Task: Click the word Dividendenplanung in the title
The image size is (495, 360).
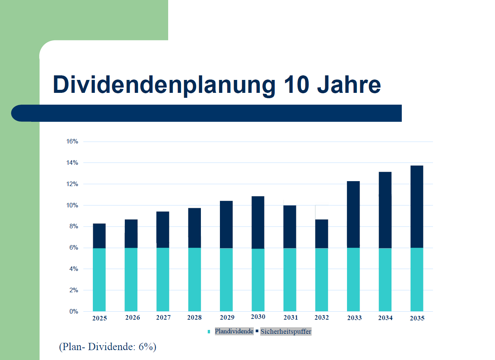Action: [164, 84]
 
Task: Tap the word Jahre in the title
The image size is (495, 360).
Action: [349, 84]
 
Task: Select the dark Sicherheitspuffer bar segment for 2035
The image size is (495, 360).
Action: [417, 207]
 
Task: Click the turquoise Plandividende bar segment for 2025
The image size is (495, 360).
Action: [99, 280]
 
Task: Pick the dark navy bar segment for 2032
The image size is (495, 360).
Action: [322, 234]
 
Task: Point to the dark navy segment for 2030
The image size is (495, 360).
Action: [258, 222]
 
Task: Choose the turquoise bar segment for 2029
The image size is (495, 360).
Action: [226, 280]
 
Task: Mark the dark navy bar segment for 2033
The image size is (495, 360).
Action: [353, 214]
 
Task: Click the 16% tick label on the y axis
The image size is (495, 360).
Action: [72, 142]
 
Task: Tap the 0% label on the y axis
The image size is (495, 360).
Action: [74, 312]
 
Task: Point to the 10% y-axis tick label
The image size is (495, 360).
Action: [72, 205]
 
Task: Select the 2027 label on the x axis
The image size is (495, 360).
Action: [163, 318]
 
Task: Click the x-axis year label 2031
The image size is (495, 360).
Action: [291, 318]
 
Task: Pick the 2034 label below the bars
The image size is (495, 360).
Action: [385, 318]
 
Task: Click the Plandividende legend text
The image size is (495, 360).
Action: [234, 331]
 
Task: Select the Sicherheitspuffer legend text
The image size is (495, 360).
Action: [286, 332]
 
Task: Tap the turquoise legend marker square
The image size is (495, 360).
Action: [209, 332]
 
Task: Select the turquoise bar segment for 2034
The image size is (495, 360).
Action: [385, 280]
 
